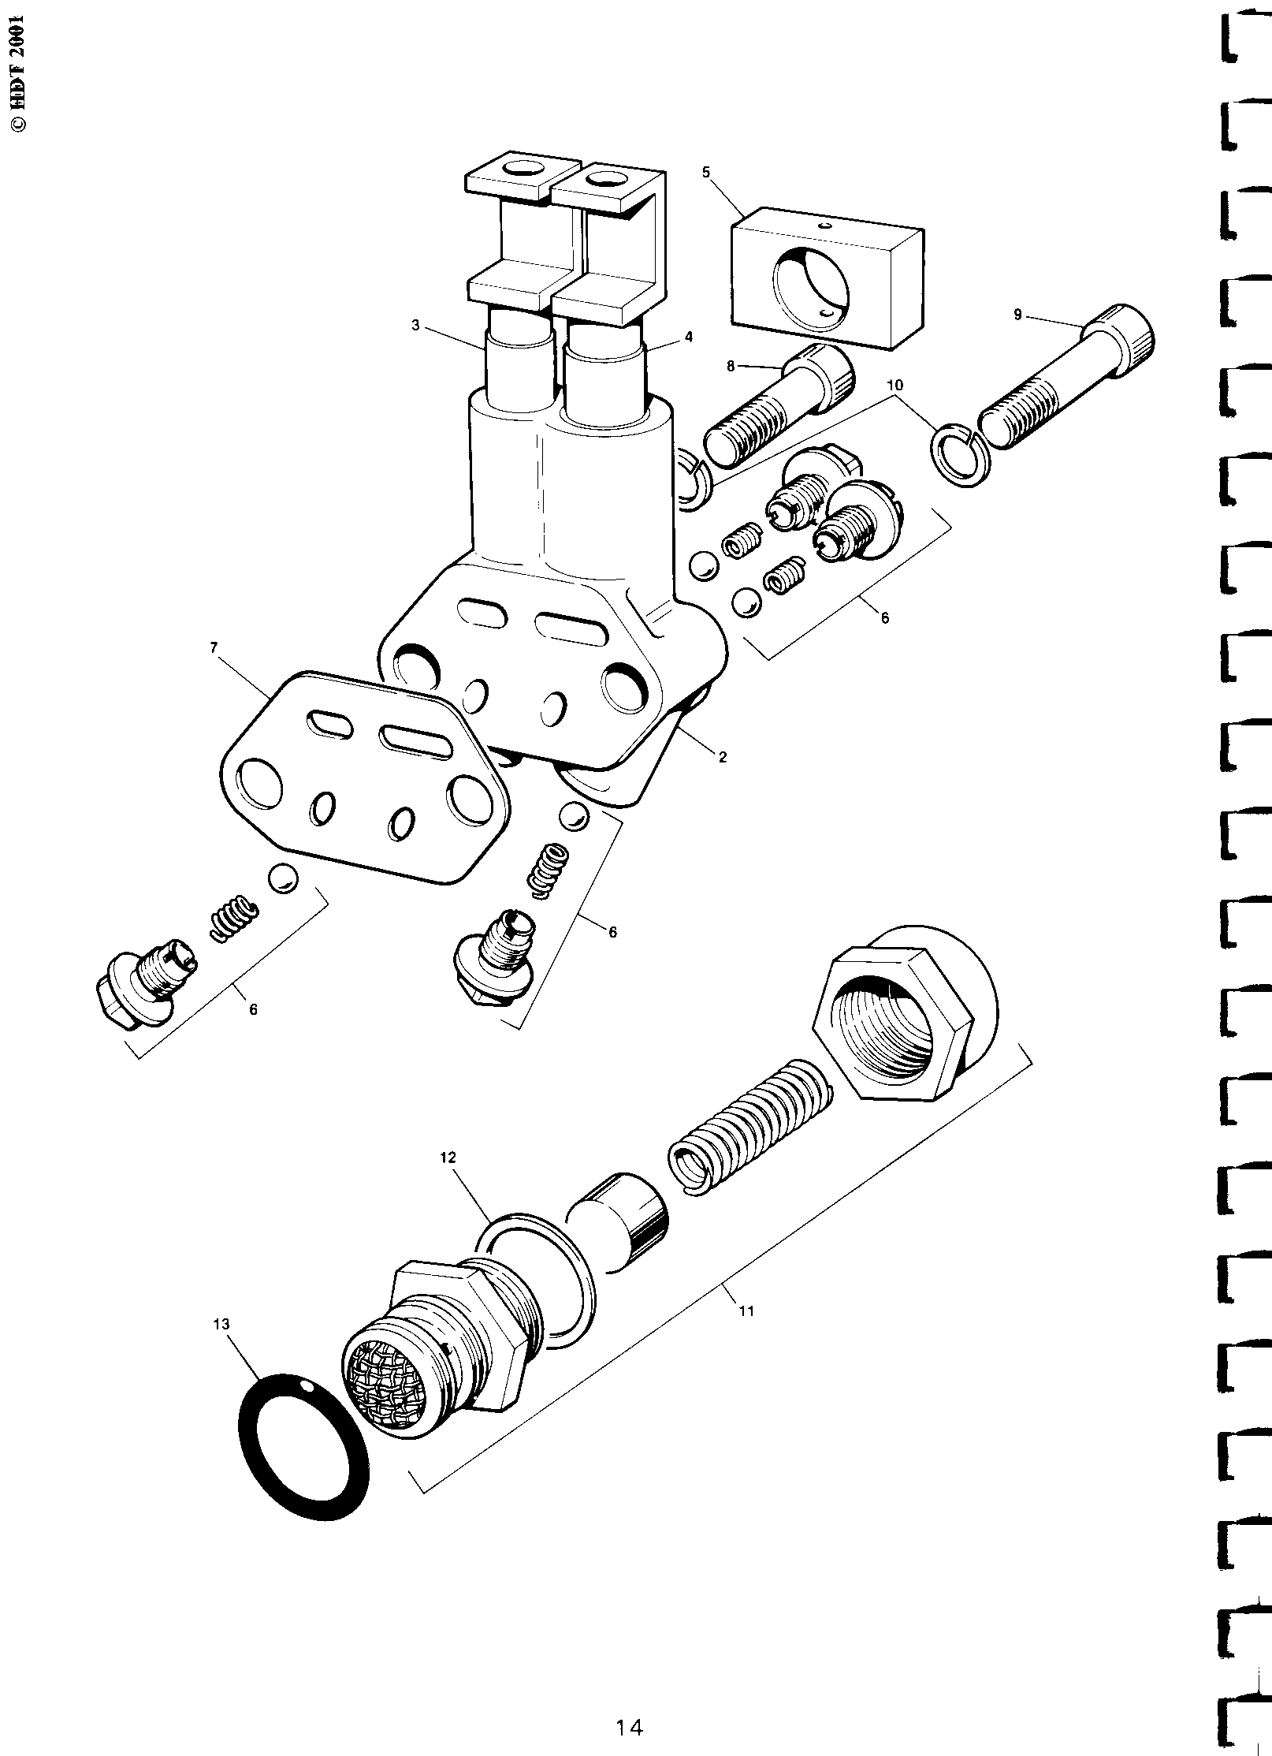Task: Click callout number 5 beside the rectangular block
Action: pos(705,171)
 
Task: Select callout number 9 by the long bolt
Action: pos(1017,315)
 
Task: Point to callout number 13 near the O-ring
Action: pos(221,1324)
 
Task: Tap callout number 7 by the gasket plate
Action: pos(214,647)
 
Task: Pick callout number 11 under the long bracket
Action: pos(746,1311)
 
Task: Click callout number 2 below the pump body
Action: pos(723,757)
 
